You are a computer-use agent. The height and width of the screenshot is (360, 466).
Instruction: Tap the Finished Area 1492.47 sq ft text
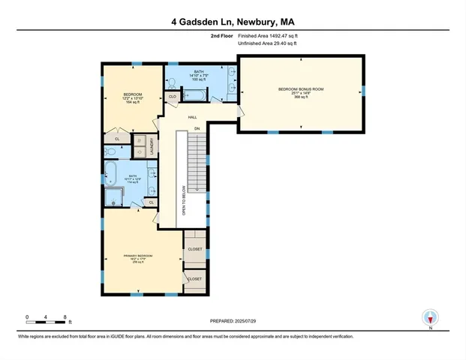[x=268, y=35]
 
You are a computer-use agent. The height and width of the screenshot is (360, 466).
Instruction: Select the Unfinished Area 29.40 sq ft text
[x=268, y=43]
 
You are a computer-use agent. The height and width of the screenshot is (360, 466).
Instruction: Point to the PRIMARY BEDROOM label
[x=138, y=256]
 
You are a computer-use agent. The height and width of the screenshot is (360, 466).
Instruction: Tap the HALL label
[x=192, y=118]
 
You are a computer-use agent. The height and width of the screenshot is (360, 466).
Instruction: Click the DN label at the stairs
[x=197, y=129]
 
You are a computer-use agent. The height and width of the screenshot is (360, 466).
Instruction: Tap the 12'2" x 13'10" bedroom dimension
[x=133, y=98]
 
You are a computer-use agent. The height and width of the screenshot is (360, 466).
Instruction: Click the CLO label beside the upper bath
[x=172, y=96]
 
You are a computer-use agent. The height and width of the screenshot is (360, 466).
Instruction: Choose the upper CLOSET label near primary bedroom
[x=195, y=249]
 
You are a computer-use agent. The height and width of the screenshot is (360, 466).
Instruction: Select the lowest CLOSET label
[x=195, y=279]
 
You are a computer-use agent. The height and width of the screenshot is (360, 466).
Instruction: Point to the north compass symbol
[x=430, y=317]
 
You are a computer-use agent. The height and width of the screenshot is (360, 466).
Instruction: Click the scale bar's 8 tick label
[x=66, y=317]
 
